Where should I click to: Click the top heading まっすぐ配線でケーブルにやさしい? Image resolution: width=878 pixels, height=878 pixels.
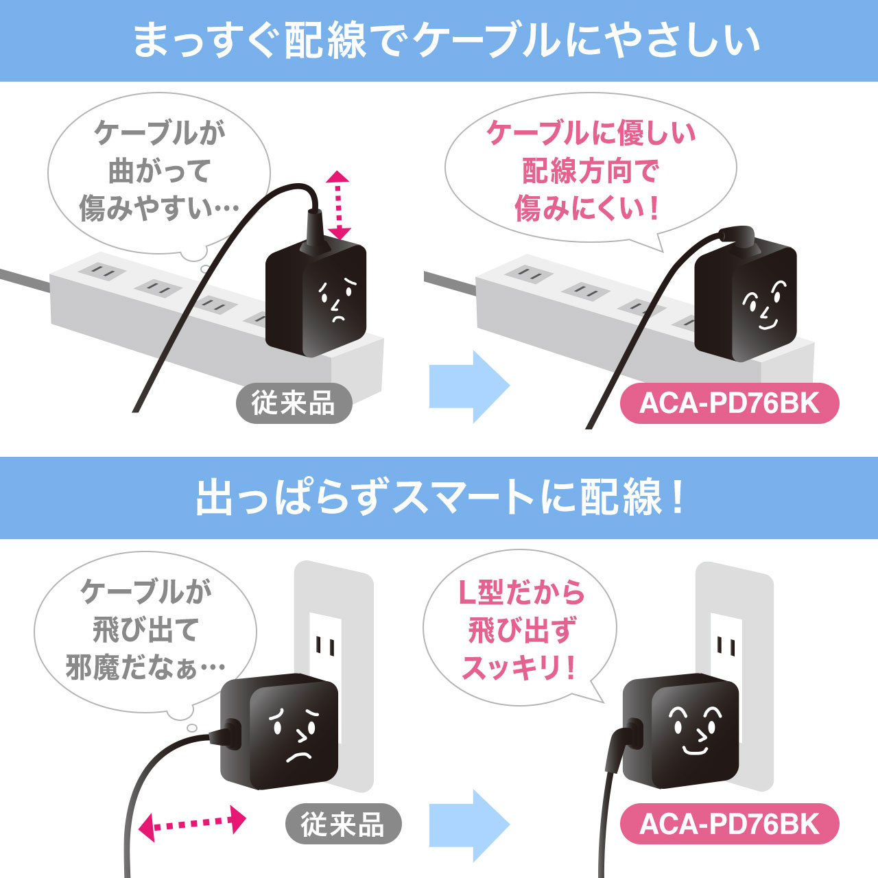446,41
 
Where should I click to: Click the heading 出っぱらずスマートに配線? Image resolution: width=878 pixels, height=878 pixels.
440,497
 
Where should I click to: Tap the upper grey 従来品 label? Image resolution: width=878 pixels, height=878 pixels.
294,403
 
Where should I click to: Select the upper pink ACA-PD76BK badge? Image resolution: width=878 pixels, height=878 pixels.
729,403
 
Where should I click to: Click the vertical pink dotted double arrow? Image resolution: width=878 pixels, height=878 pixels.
337,206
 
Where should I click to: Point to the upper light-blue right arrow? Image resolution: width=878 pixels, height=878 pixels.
469,386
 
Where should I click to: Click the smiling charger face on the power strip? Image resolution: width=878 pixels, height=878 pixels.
764,305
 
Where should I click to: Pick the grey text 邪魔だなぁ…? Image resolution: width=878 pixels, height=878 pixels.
145,668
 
